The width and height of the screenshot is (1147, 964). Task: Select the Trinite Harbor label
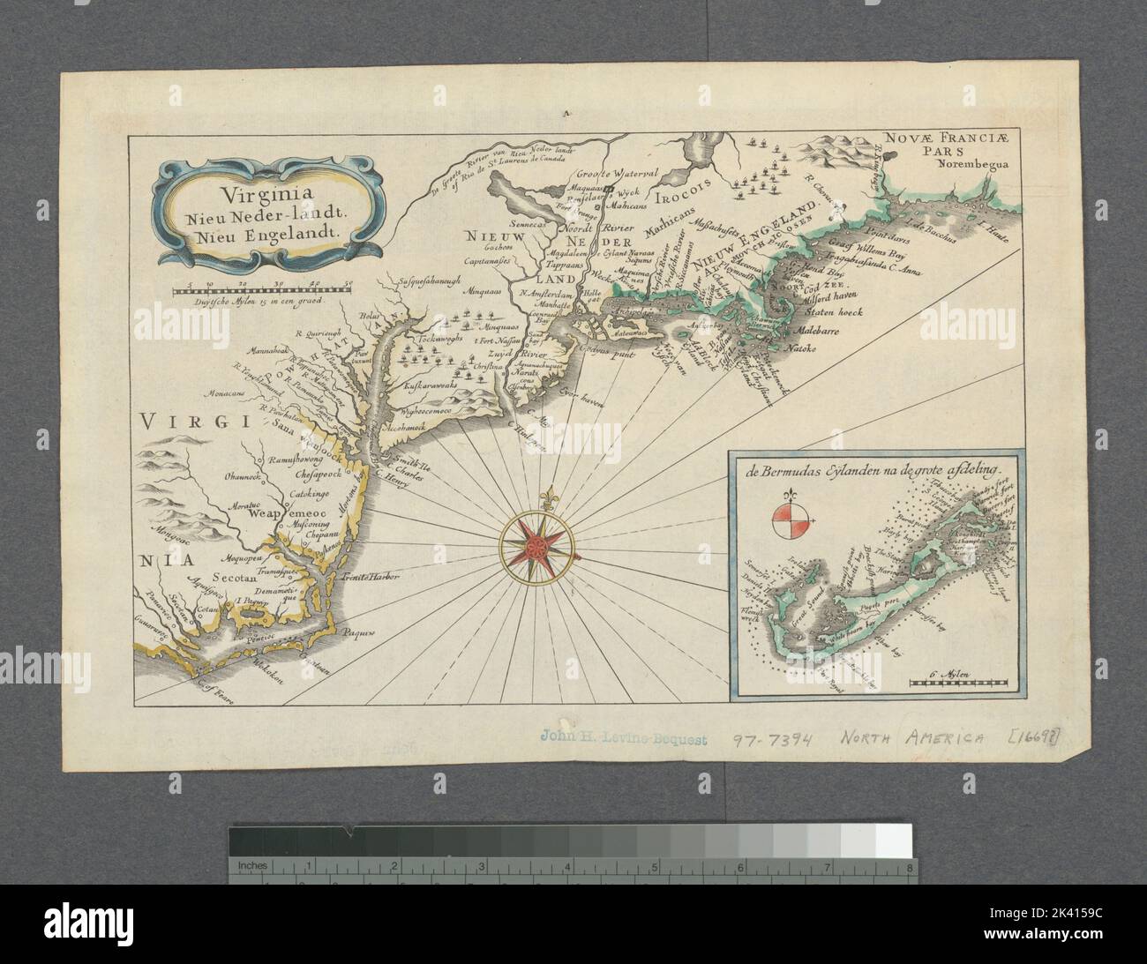point(371,578)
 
